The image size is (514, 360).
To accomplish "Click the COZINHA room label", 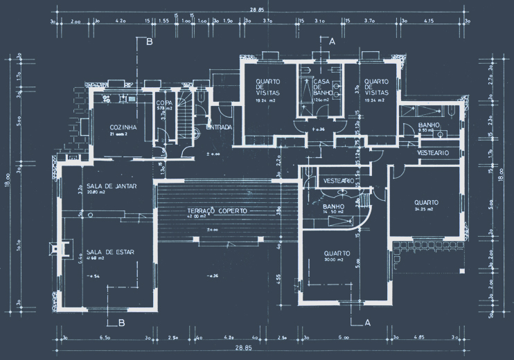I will point(123,127).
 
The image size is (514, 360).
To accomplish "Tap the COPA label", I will point(163,103).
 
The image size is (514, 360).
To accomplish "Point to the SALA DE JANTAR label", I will point(111,186).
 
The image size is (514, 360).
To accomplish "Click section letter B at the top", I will point(149,42).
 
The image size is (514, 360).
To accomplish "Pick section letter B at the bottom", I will point(121,323).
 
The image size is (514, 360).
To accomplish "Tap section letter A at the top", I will point(332,42).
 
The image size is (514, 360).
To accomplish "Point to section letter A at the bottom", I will point(367,323).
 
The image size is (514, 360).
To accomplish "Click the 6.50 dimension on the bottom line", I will point(105,337).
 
